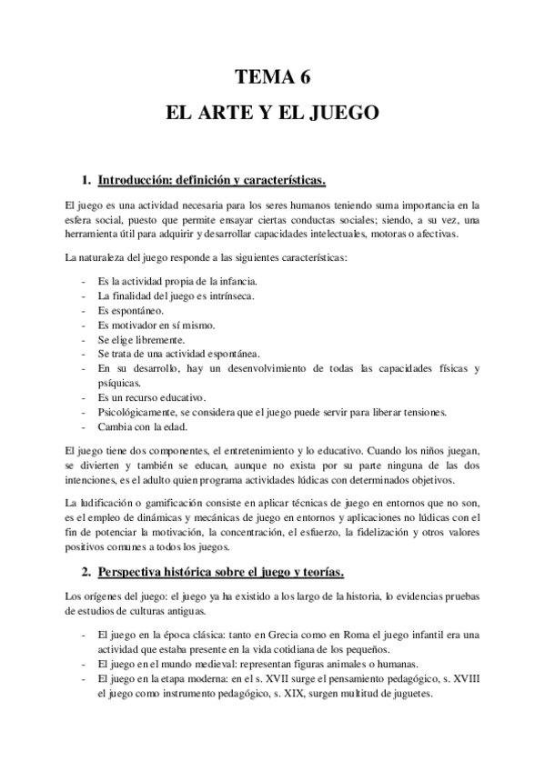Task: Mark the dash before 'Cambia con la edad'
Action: (x=83, y=426)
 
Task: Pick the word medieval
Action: (x=205, y=663)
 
